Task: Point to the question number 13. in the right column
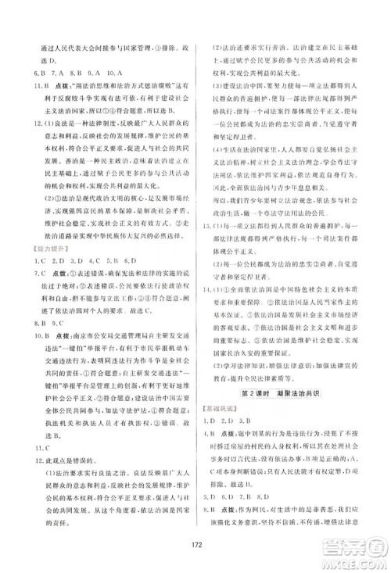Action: (209, 223)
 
